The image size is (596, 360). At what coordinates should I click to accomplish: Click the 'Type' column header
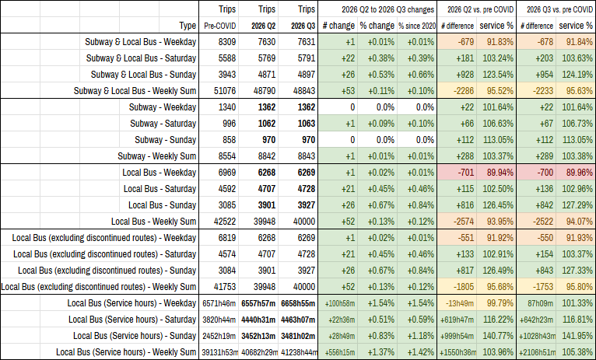[188, 26]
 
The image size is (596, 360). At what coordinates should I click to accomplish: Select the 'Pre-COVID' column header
[220, 26]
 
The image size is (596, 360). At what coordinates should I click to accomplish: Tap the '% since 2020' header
[417, 26]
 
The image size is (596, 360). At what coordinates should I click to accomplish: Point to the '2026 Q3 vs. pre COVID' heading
[559, 9]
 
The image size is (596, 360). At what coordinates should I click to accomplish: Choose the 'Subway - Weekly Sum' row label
[157, 156]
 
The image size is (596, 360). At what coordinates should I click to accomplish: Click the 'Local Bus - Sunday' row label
[163, 205]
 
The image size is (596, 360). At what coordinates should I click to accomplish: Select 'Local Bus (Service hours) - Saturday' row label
[132, 320]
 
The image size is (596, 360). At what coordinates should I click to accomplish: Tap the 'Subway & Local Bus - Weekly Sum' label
[135, 91]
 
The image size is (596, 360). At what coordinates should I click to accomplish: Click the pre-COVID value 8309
[227, 42]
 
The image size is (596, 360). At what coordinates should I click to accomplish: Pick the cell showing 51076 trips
[225, 91]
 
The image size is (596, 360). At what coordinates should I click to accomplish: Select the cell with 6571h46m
[219, 303]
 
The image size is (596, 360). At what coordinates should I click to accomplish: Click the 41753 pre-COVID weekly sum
[225, 287]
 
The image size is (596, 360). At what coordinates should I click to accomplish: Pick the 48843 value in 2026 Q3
[304, 91]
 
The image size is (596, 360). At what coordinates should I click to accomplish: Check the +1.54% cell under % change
[380, 303]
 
